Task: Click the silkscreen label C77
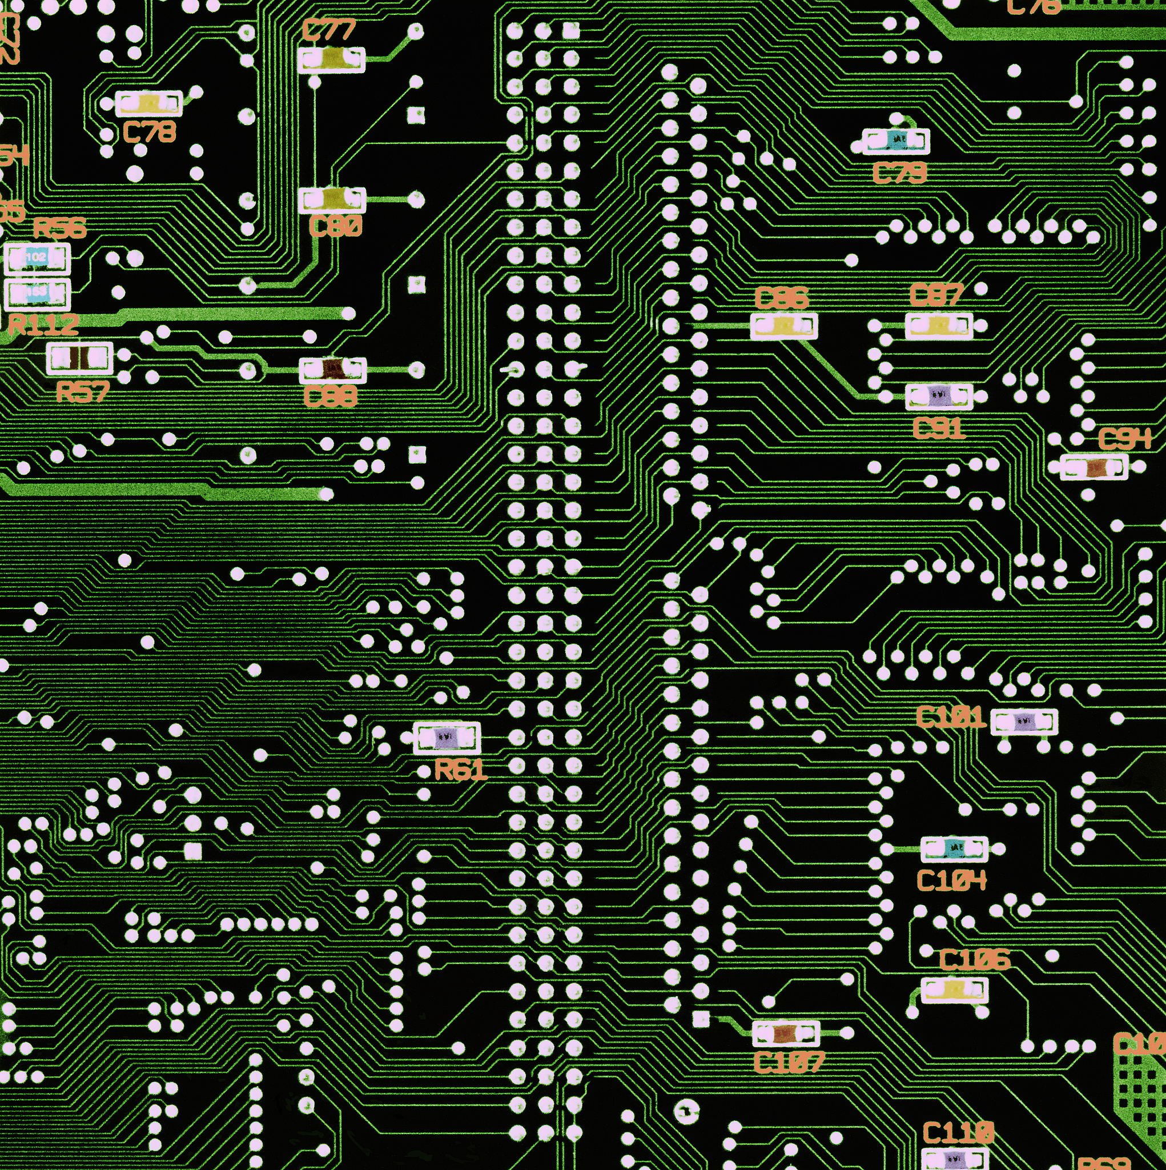click(x=329, y=30)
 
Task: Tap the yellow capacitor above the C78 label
click(x=148, y=104)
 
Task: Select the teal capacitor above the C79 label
click(x=895, y=141)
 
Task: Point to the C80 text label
click(x=335, y=226)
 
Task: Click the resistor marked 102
click(x=37, y=258)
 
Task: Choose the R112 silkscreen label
click(x=43, y=325)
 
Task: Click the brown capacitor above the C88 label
click(x=332, y=370)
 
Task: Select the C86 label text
click(x=782, y=298)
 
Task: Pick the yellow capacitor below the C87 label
click(x=939, y=326)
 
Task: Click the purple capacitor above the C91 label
click(x=939, y=396)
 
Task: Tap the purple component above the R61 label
click(x=447, y=737)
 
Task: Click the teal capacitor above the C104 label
click(x=954, y=848)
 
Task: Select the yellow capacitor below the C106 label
click(x=954, y=989)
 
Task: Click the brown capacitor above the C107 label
click(x=786, y=1033)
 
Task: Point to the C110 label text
click(x=958, y=1131)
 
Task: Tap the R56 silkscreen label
click(x=59, y=228)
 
